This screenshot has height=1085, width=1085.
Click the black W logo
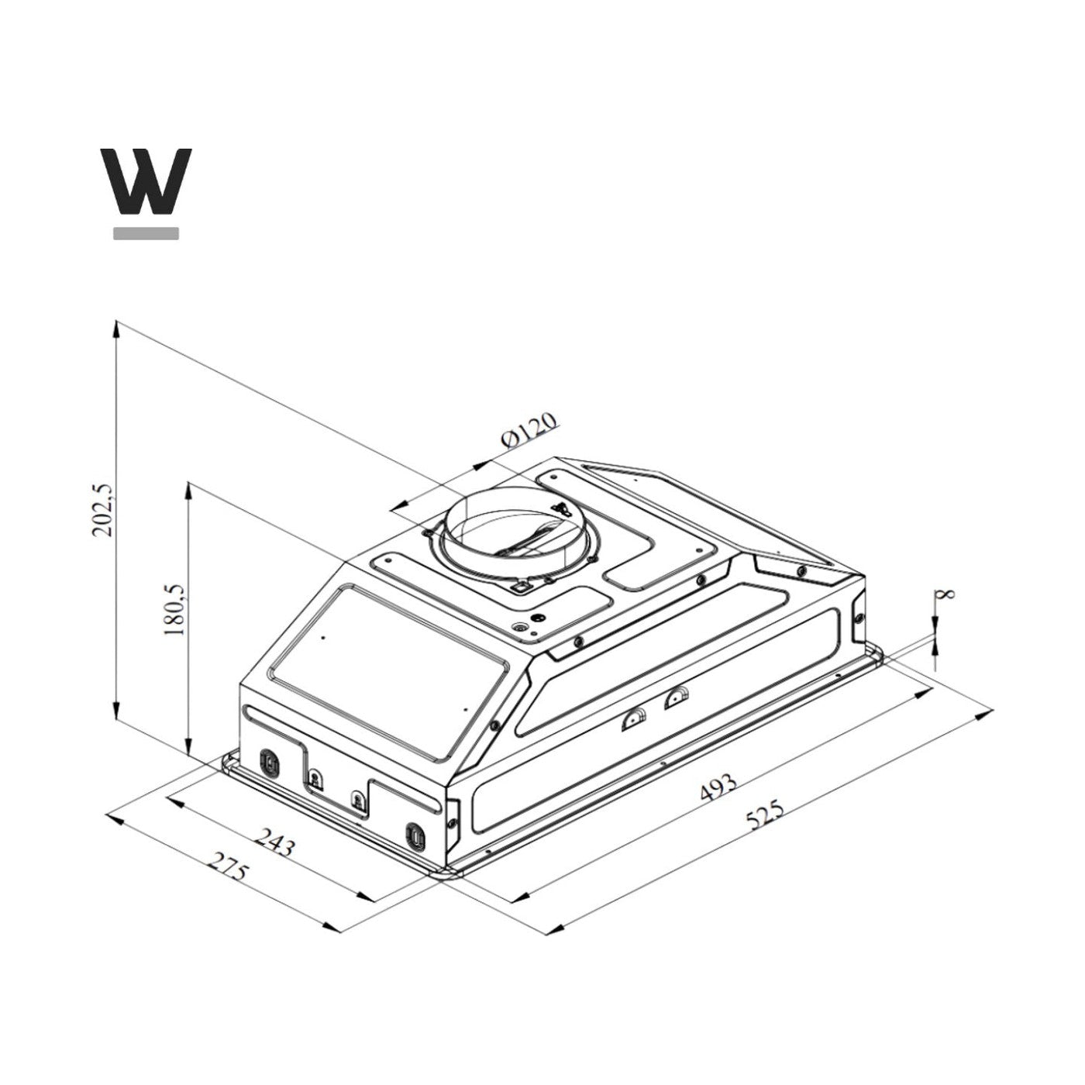(146, 182)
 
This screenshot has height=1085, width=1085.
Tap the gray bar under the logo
(146, 232)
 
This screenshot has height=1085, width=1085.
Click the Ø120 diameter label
(529, 431)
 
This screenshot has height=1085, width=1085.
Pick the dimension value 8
(945, 595)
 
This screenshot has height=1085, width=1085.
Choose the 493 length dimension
(718, 789)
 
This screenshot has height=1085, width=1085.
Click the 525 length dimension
(766, 815)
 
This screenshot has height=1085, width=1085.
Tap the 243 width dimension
(276, 842)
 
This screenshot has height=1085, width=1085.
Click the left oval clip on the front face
(269, 761)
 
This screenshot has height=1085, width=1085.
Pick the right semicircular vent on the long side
(677, 697)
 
